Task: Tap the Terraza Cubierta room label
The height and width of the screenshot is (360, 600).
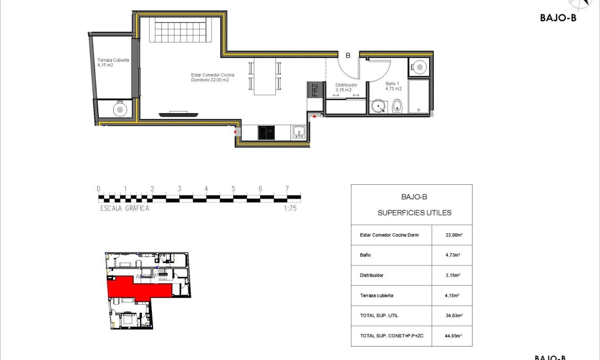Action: pyautogui.click(x=113, y=63)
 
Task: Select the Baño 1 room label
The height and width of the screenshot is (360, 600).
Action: pyautogui.click(x=393, y=87)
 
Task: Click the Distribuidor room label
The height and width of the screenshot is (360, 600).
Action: pyautogui.click(x=346, y=87)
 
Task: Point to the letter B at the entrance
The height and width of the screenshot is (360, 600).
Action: pyautogui.click(x=348, y=55)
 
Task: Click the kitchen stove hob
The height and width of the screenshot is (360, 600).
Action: pyautogui.click(x=267, y=132)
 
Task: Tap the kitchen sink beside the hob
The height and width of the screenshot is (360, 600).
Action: pyautogui.click(x=298, y=132)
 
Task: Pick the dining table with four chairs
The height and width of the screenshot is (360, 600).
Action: pyautogui.click(x=264, y=76)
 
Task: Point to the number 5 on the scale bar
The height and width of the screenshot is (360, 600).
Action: pyautogui.click(x=233, y=188)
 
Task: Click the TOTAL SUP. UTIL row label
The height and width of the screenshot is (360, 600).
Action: pyautogui.click(x=379, y=316)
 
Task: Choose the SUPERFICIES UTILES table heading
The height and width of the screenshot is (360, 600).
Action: pyautogui.click(x=414, y=213)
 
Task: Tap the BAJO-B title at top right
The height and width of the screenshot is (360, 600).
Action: pyautogui.click(x=558, y=18)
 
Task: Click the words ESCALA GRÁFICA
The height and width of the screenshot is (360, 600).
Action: pyautogui.click(x=125, y=209)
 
